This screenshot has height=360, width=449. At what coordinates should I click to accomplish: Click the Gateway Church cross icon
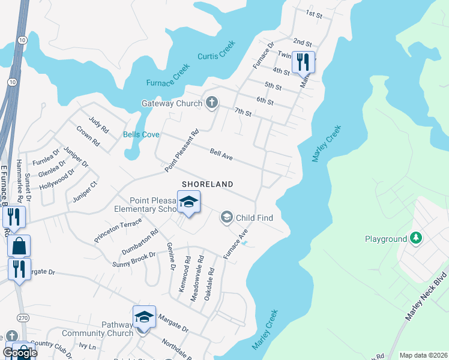coord(211,103)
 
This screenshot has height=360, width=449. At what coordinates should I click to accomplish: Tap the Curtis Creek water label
coord(217,51)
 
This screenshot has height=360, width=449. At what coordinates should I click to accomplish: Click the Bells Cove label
coord(142,134)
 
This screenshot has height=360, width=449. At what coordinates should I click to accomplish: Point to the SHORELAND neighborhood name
coord(208,184)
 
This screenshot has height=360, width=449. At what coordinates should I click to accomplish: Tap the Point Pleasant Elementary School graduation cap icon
coord(188,202)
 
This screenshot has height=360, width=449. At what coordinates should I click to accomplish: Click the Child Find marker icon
coord(227,217)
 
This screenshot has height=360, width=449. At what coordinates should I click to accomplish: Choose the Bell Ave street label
coord(221,155)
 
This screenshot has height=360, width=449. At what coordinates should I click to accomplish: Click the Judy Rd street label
coord(98,125)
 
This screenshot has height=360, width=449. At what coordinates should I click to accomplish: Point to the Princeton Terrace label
coord(118,230)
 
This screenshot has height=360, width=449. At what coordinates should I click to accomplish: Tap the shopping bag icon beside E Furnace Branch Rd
coord(19,246)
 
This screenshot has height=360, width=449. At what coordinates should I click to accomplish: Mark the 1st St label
coord(314,13)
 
